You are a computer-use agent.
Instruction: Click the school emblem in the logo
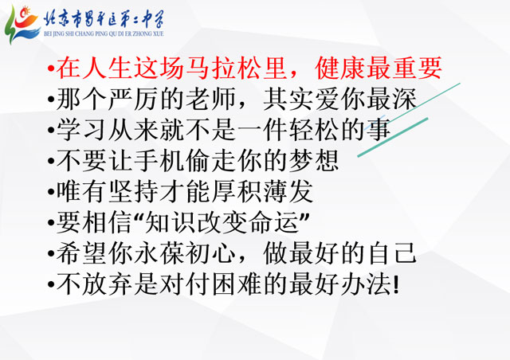[x=22, y=25]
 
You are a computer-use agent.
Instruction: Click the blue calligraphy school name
[x=104, y=19]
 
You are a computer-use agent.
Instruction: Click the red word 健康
[x=340, y=68]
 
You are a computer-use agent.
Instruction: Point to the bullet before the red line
[x=51, y=68]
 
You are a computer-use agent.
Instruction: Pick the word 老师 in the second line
[x=211, y=99]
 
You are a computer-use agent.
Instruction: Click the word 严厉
[x=134, y=99]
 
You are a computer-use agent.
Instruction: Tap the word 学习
[x=82, y=130]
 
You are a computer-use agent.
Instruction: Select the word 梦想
[x=314, y=160]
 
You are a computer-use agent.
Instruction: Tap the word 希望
[x=82, y=253]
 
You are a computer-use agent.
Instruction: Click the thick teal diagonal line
[x=393, y=137]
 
